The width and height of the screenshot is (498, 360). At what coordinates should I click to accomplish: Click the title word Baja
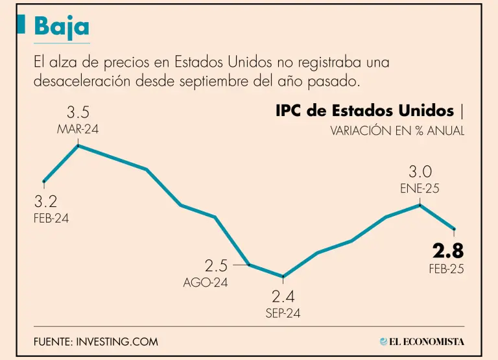62,27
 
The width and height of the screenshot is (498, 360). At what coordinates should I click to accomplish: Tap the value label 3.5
78,113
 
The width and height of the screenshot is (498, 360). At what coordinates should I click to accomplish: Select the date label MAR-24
78,129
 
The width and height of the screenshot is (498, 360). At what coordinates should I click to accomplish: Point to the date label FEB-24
51,218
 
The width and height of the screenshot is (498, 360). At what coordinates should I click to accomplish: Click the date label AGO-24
206,282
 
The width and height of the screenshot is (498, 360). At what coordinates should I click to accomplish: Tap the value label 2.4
283,297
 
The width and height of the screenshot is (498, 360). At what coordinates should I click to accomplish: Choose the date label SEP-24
283,313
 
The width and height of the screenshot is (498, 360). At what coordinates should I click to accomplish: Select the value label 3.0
420,172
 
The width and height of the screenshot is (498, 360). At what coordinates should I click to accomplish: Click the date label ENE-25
420,189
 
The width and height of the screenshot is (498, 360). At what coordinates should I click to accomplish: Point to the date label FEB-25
446,269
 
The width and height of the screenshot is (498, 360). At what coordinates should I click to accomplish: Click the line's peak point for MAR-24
78,145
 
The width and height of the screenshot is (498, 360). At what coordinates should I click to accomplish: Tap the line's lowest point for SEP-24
283,276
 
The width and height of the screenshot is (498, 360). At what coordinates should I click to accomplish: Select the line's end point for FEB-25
454,229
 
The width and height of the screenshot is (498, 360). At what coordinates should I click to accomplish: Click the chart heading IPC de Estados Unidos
365,111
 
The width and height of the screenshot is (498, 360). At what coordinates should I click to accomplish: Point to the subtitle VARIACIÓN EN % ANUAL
397,130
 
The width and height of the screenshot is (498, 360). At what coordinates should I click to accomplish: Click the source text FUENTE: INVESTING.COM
96,341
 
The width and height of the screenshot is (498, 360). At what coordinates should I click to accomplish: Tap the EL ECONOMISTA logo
422,341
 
